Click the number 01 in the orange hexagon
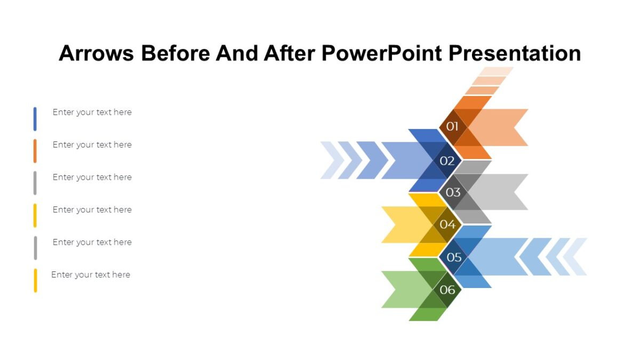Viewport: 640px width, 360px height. [x=452, y=127]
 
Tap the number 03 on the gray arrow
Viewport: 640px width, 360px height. [x=453, y=193]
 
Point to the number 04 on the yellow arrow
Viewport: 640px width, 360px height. [x=447, y=225]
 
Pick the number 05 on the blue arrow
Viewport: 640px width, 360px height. [x=454, y=258]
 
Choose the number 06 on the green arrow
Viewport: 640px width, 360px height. [x=447, y=290]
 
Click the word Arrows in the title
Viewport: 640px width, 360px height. [x=95, y=53]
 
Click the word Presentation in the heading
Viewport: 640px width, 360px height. [x=515, y=53]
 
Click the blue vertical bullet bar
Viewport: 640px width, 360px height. [x=35, y=119]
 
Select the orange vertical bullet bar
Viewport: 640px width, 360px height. [x=35, y=151]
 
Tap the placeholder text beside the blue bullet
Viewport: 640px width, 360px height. [x=92, y=113]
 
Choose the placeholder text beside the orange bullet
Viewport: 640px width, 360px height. [x=92, y=145]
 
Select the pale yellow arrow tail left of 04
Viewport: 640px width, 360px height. [x=403, y=225]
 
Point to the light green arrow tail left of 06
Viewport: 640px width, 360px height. [x=403, y=290]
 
